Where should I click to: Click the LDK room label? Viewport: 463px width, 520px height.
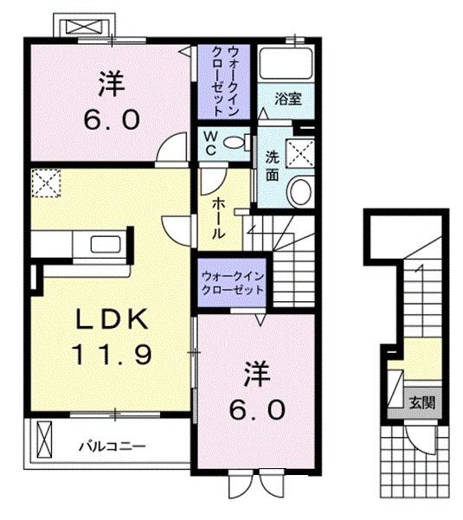coord(107,320)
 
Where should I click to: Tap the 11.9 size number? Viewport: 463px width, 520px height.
coord(107,353)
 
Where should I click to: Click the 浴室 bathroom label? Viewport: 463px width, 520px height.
coord(289,98)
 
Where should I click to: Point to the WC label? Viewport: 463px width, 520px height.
coord(210,144)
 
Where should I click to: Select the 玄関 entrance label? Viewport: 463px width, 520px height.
coord(422,401)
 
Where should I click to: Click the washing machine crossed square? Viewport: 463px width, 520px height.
coord(302,153)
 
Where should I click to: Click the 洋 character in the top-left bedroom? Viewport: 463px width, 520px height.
coord(110,84)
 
